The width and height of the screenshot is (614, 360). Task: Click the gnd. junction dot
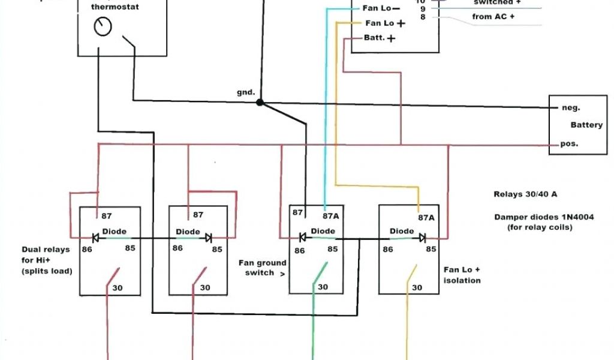260,103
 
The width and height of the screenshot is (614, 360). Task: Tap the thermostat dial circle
103,27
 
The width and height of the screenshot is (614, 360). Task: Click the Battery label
586,125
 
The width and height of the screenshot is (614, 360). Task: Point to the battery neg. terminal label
571,108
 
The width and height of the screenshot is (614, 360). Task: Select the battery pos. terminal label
570,144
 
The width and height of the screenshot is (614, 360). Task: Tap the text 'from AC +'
493,17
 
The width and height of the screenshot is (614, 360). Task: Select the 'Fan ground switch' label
263,268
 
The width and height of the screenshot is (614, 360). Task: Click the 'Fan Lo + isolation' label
462,275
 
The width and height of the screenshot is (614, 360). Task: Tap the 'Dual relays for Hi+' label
46,260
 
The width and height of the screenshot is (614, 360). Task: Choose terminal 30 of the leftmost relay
117,287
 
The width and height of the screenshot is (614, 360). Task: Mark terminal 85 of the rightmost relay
431,249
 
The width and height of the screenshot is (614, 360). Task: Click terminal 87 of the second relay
198,214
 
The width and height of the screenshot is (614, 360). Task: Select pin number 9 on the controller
423,8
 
